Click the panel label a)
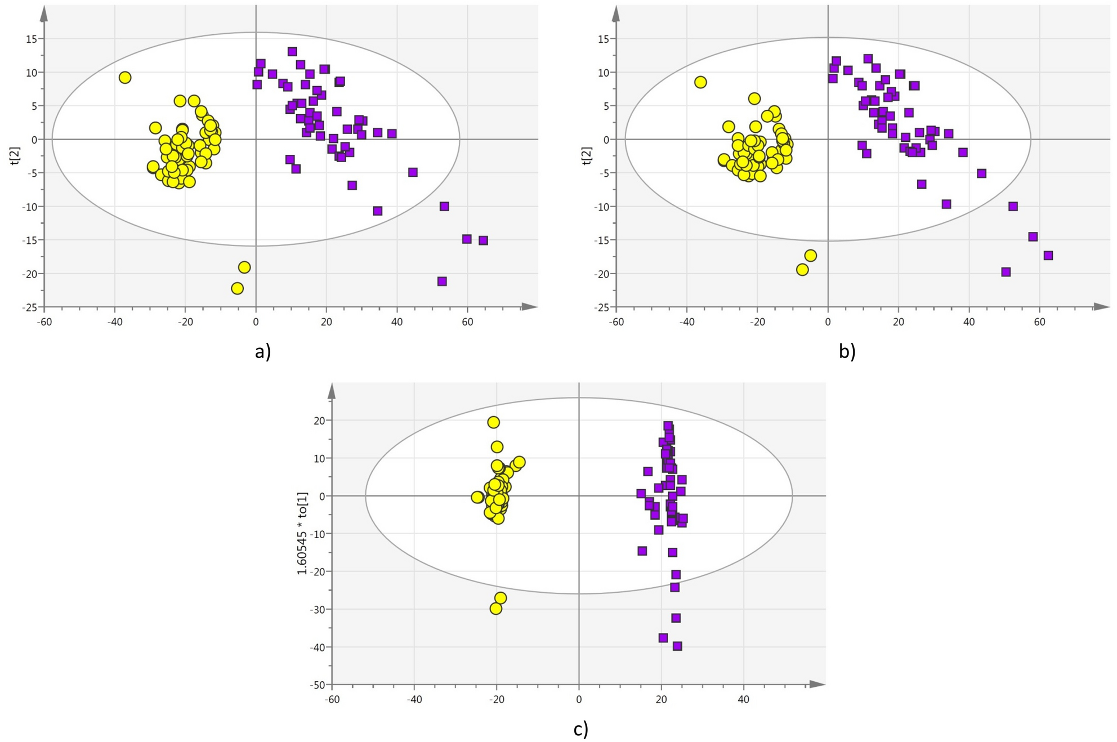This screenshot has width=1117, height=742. coord(263,352)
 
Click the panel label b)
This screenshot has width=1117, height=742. coord(847,352)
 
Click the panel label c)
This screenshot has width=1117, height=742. coord(580,729)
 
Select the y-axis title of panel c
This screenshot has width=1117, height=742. coord(302,533)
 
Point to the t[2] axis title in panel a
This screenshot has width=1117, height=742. coord(15,155)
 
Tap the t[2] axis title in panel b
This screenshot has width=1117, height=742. coord(587,155)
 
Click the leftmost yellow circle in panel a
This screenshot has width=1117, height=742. coord(125,78)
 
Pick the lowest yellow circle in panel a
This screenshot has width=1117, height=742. coord(237,288)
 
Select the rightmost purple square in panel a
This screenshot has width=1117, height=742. coord(483,240)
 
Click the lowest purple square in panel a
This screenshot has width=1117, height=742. coord(442,281)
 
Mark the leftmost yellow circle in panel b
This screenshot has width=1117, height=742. coord(700,82)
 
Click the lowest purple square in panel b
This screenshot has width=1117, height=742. coord(1006,272)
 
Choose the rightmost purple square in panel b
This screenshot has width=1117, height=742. coord(1048,256)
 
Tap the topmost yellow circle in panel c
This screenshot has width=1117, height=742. coord(494,422)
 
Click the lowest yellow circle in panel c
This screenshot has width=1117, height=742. coord(496,609)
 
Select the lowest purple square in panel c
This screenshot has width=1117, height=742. coord(677,646)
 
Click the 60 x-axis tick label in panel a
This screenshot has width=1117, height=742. coord(467,322)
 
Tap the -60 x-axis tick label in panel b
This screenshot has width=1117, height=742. coord(616,322)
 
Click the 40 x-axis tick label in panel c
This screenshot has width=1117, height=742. coord(743,700)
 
